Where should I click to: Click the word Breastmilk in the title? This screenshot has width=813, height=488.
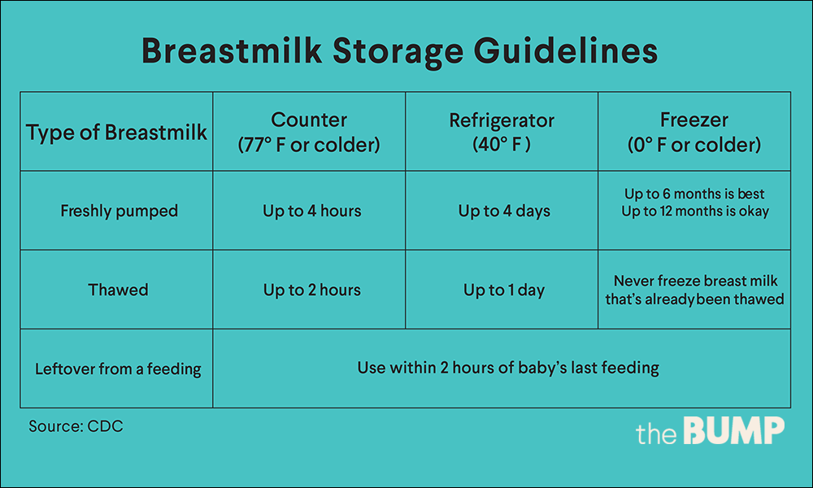[x=231, y=50]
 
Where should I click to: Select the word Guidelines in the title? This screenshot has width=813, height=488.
[x=566, y=50]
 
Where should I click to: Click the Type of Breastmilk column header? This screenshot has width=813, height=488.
[x=116, y=133]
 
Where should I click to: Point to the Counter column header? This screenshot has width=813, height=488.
[x=309, y=133]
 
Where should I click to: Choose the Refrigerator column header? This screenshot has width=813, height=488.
[x=502, y=133]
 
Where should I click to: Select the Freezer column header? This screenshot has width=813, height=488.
[x=694, y=133]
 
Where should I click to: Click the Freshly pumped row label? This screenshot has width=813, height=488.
[x=120, y=211]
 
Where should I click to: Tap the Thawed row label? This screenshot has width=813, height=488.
[x=118, y=290]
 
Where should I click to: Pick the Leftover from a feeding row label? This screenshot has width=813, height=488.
[x=118, y=368]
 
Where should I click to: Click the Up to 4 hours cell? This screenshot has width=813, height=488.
[x=312, y=211]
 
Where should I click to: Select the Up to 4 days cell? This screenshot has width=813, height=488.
[x=505, y=211]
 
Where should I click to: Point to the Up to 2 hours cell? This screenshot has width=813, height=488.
[x=312, y=290]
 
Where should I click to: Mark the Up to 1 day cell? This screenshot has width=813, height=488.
[x=505, y=290]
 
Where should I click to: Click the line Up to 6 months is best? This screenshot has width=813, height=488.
[x=694, y=194]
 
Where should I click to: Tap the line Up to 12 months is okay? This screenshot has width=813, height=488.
[x=695, y=211]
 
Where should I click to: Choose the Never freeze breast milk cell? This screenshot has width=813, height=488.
[x=695, y=290]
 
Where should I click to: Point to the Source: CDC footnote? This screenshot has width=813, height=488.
[x=76, y=426]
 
